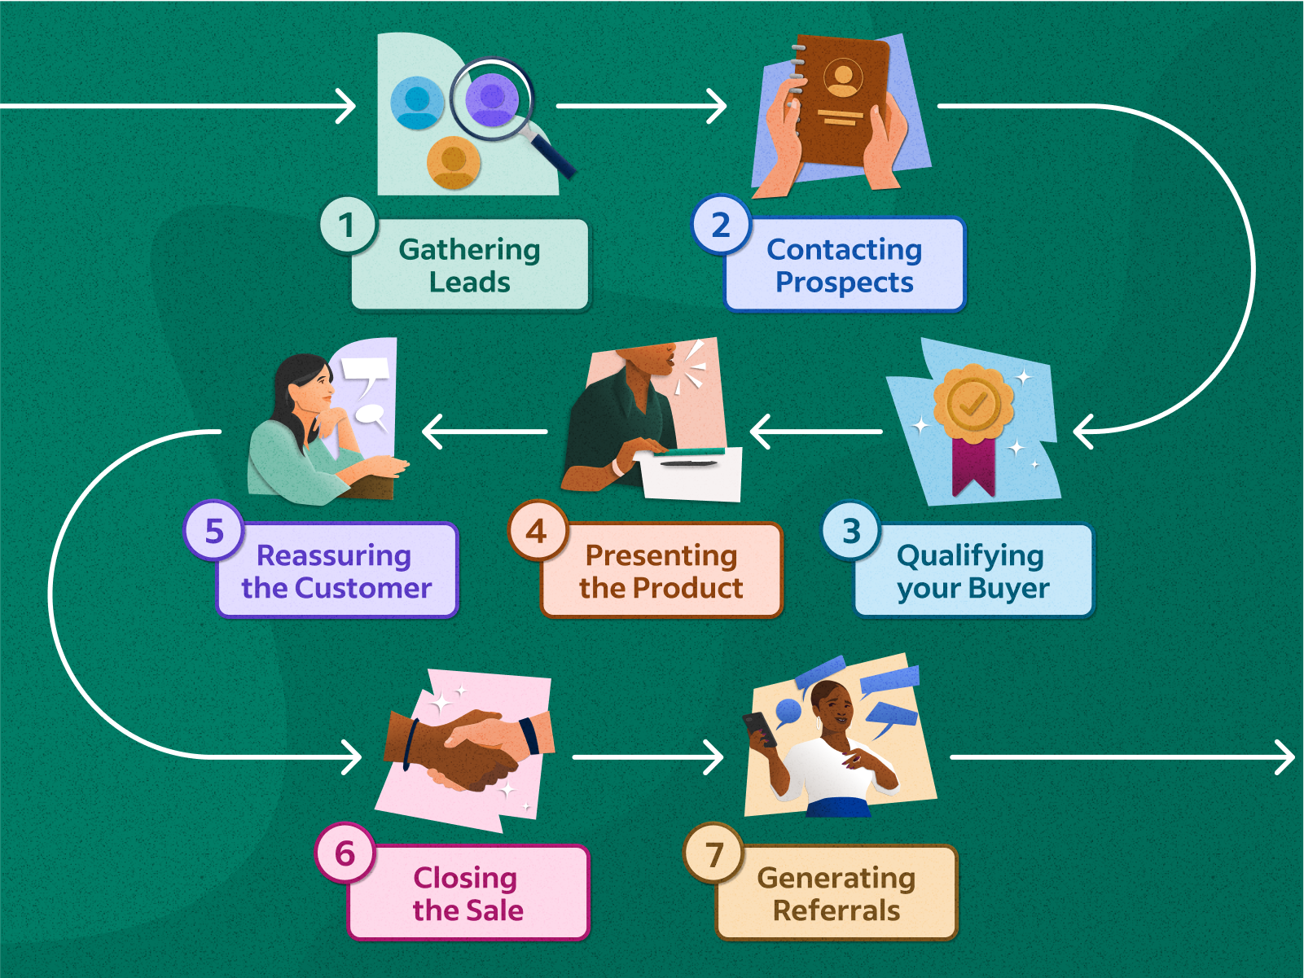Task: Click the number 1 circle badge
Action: click(x=348, y=226)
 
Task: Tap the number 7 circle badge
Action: click(x=713, y=854)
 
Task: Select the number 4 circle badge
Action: click(x=537, y=532)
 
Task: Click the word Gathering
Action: click(x=469, y=249)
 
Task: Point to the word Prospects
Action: click(x=844, y=283)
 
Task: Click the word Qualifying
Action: click(x=969, y=555)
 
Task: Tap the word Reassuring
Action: click(x=334, y=555)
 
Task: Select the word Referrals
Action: click(x=836, y=910)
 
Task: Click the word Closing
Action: click(x=465, y=878)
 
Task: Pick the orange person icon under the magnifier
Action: click(x=454, y=162)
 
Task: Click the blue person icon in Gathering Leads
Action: click(x=417, y=103)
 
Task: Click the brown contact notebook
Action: click(x=841, y=101)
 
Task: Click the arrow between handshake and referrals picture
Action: click(x=648, y=757)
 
